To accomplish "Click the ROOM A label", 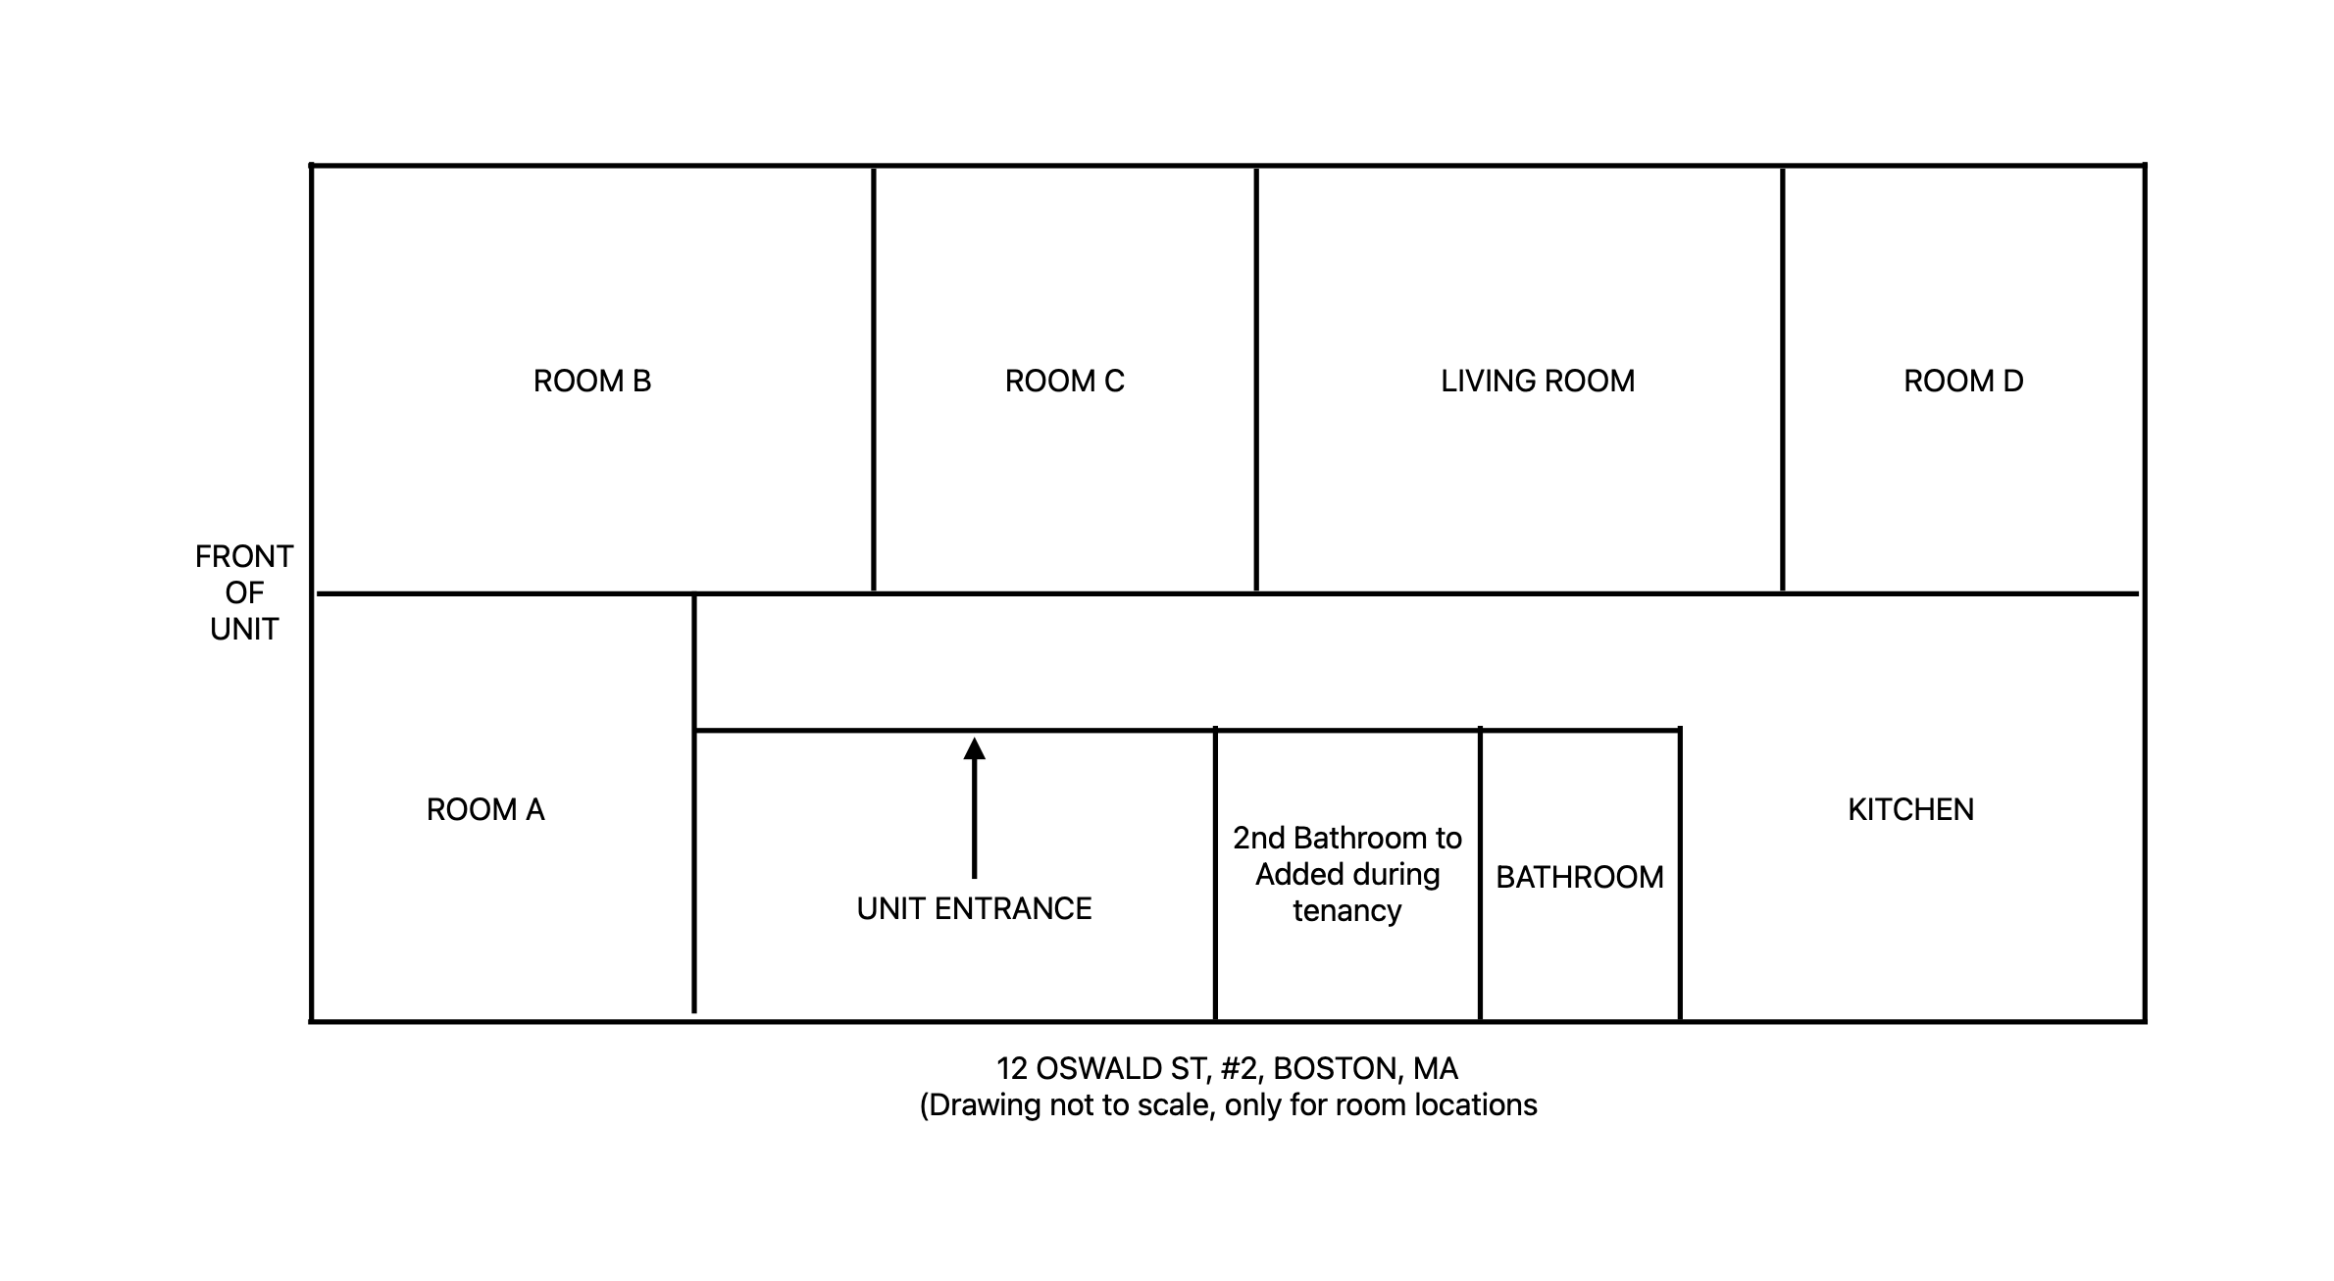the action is (x=485, y=809).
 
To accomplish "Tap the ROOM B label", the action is (x=592, y=381).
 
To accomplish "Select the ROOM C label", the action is (x=1065, y=381).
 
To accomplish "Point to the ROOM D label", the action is (x=1963, y=381).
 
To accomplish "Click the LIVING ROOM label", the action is (x=1538, y=381).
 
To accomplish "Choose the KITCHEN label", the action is (x=1911, y=809).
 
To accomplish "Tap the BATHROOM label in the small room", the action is (x=1580, y=877).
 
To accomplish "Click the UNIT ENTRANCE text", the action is (x=974, y=908).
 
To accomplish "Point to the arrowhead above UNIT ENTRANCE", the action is (x=974, y=748).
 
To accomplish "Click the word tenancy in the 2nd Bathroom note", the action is (x=1347, y=911).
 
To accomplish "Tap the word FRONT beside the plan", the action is (x=244, y=557).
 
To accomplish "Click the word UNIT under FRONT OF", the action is (x=244, y=630).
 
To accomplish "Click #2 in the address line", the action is (x=1241, y=1068).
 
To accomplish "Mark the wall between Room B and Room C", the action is (x=874, y=380).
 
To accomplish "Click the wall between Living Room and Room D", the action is (x=1783, y=380).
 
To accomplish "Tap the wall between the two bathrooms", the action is (x=1480, y=874).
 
